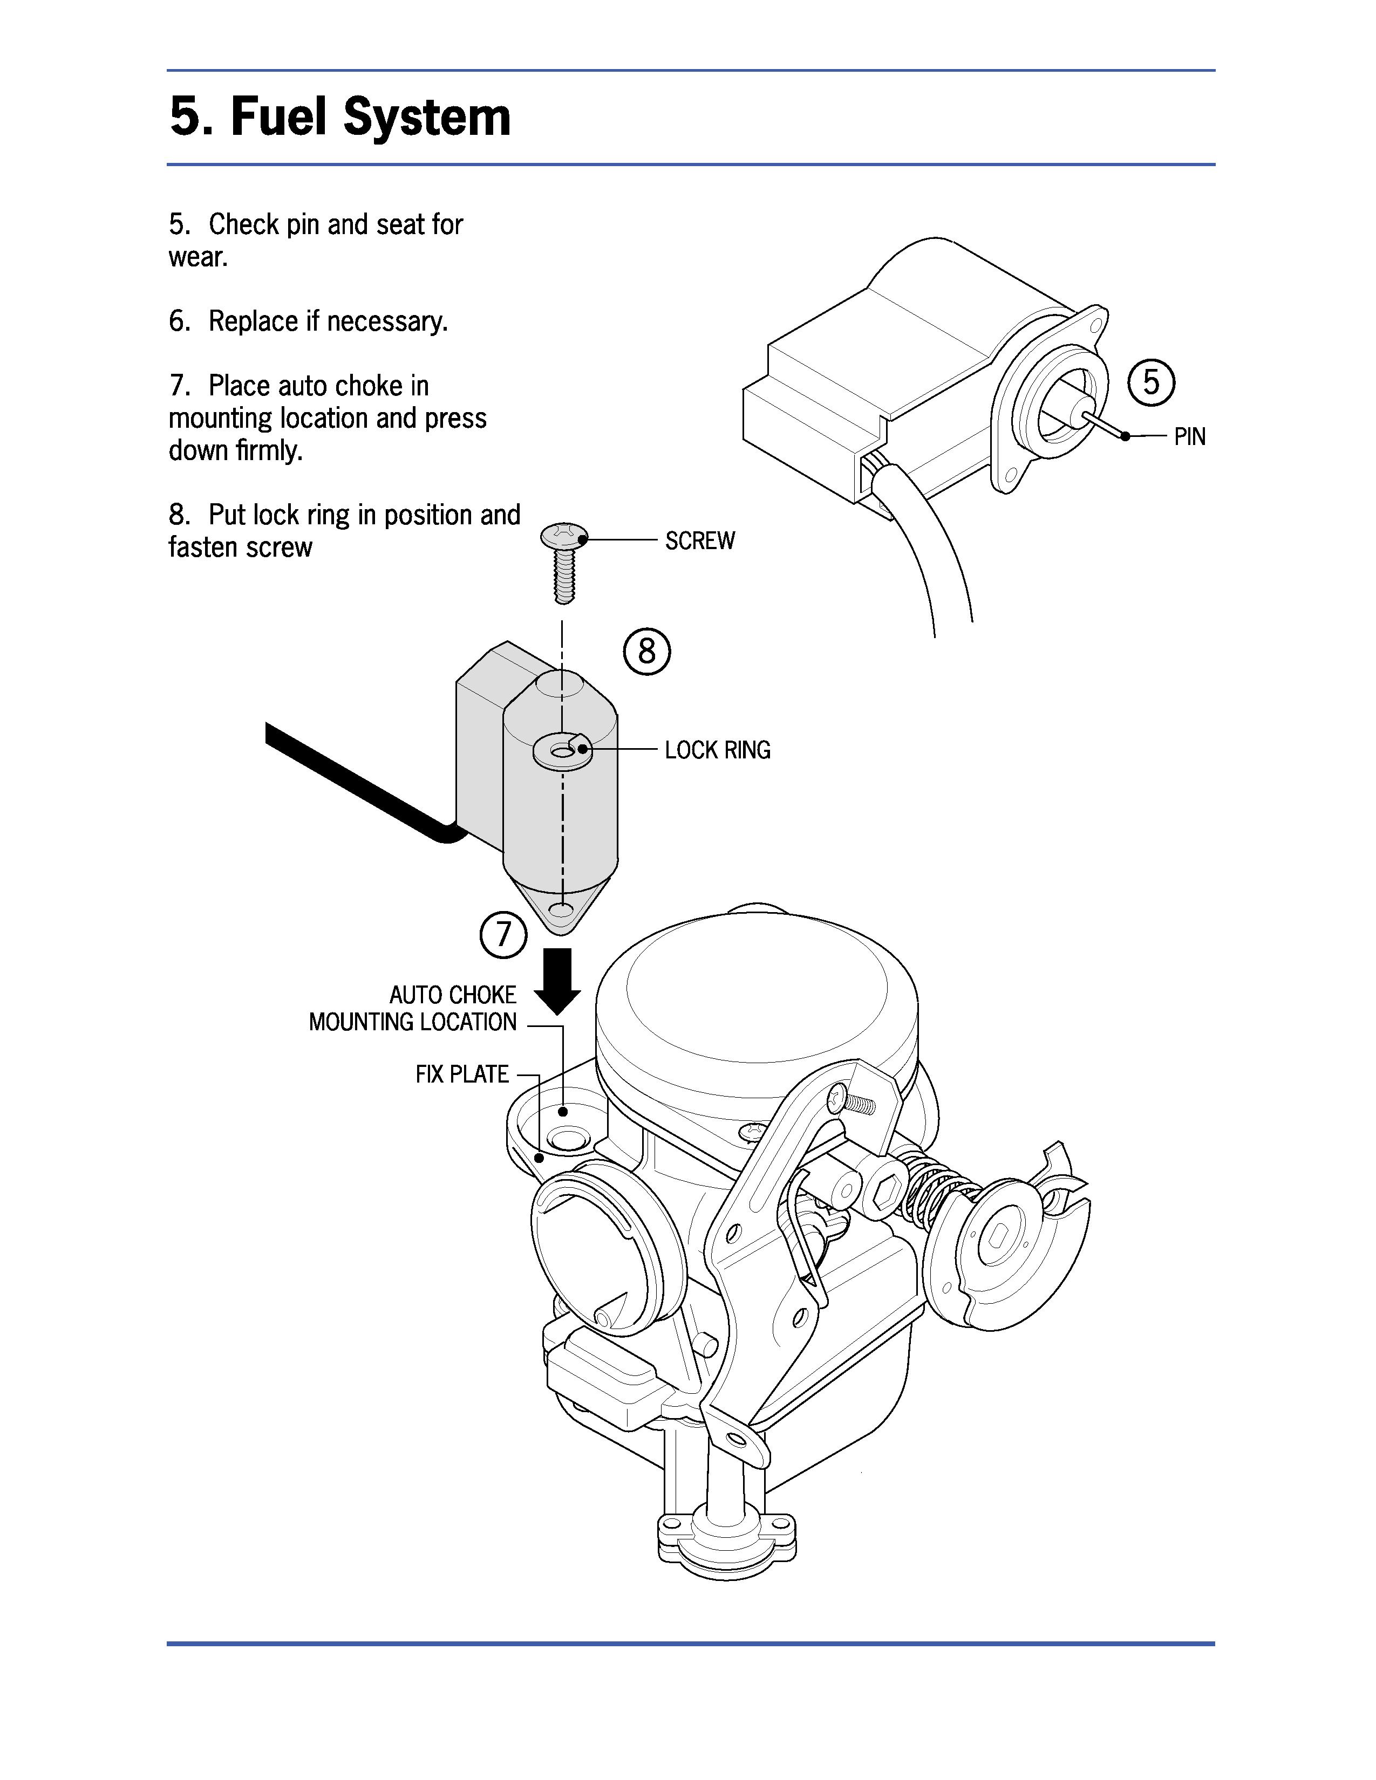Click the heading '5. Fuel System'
tap(340, 118)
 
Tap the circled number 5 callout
tap(1150, 382)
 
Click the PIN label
tap(1189, 437)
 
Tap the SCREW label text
tap(699, 541)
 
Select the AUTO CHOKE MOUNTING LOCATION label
tap(412, 1008)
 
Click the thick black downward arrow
tap(557, 981)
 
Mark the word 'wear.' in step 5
tap(198, 257)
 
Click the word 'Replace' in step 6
tap(253, 321)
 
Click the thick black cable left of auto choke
tap(359, 778)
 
